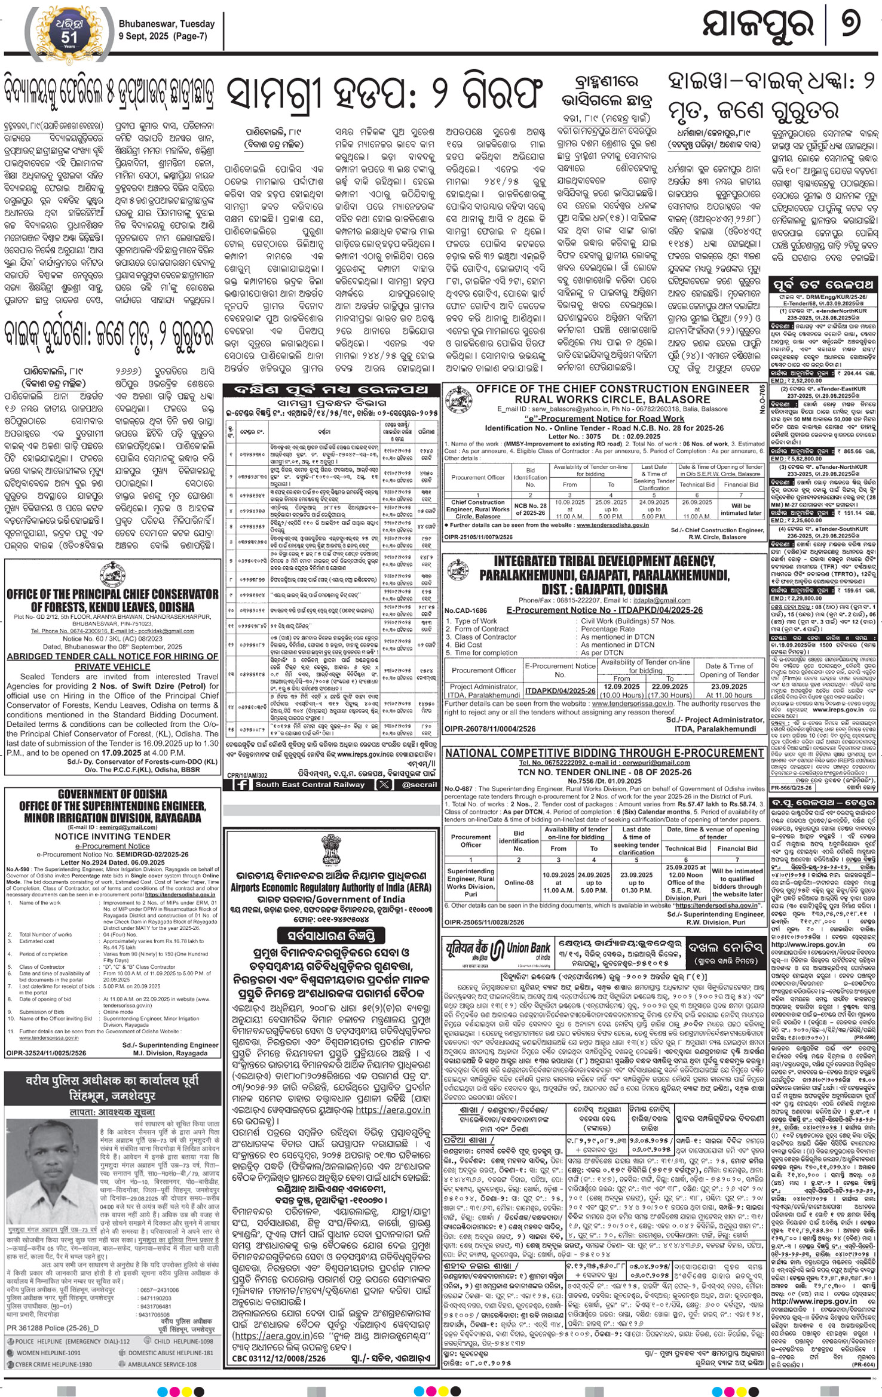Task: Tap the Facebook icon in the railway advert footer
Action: point(243,785)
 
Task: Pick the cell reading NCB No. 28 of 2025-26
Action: point(531,509)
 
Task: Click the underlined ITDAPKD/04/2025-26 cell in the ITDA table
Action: point(560,691)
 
